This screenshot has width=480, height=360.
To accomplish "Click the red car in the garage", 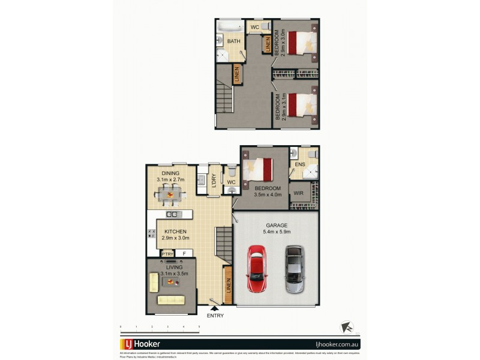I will [x=256, y=268].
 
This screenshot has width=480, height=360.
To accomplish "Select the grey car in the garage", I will [x=294, y=269].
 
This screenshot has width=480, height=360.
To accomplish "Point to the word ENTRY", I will [x=214, y=316].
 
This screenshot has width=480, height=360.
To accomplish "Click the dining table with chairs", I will [x=170, y=193].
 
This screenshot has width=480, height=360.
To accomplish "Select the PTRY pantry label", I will [x=166, y=253].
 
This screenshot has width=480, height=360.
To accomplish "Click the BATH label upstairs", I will [x=233, y=41].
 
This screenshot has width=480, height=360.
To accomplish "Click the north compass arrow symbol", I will [x=346, y=327].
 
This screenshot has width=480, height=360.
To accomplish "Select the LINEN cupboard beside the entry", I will [x=227, y=289].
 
